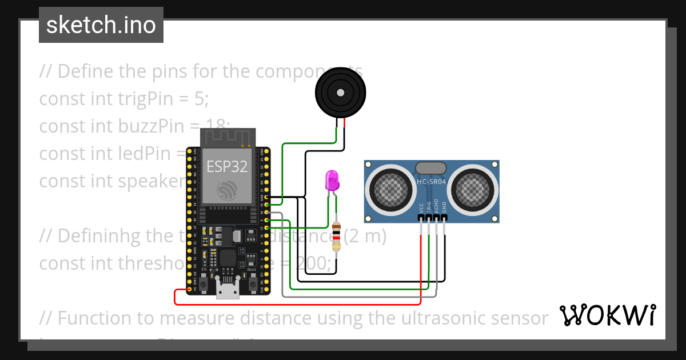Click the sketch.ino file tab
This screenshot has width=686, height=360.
[x=101, y=25]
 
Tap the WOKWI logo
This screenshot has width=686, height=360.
[x=607, y=315]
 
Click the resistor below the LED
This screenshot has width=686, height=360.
[x=337, y=237]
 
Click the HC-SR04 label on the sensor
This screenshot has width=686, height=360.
[x=432, y=182]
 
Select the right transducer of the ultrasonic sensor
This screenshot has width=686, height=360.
[x=474, y=186]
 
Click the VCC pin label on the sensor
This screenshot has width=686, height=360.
[x=421, y=208]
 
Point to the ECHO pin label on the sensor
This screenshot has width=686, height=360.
[x=436, y=207]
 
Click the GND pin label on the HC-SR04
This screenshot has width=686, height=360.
[x=444, y=208]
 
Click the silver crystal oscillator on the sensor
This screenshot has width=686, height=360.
[x=431, y=167]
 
